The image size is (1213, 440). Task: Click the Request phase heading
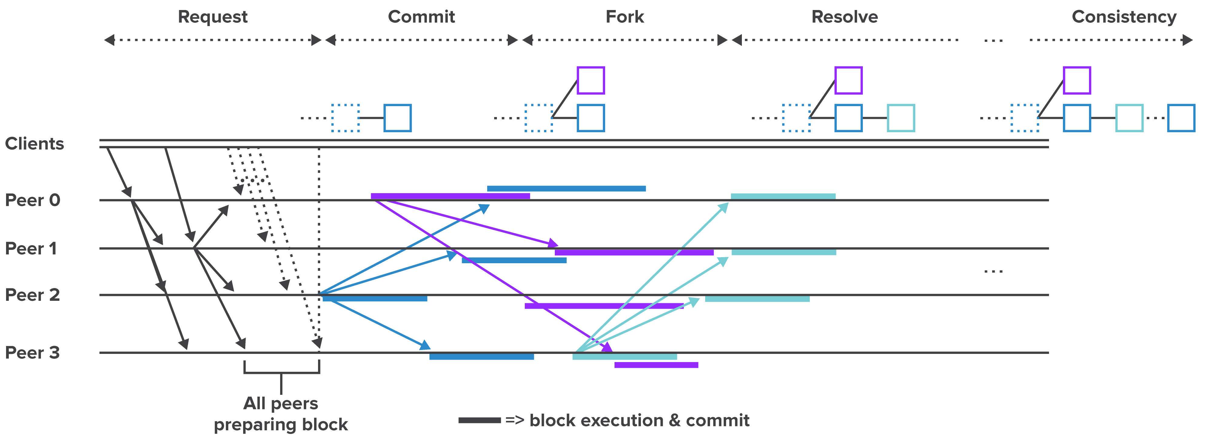(x=212, y=17)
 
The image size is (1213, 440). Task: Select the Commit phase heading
(x=421, y=17)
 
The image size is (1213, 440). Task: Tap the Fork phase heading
(x=625, y=17)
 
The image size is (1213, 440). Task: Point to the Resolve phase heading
(x=844, y=17)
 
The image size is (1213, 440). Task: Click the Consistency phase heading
(x=1124, y=17)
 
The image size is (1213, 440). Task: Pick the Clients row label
(x=34, y=144)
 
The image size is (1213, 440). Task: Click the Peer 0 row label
(x=32, y=200)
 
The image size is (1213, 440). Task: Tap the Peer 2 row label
(x=32, y=295)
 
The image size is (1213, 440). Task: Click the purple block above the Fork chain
(x=591, y=81)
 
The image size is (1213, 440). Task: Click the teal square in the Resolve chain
(x=900, y=118)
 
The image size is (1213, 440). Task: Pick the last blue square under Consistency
(x=1181, y=118)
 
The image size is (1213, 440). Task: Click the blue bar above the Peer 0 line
(x=566, y=188)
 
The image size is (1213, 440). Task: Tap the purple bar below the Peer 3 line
(x=656, y=365)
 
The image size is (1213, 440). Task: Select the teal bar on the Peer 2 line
(x=757, y=299)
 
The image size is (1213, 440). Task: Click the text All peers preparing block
(x=281, y=414)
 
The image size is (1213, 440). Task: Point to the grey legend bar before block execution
(x=479, y=420)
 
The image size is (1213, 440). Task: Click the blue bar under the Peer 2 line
(x=375, y=299)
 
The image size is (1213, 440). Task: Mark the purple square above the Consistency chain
(x=1077, y=81)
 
